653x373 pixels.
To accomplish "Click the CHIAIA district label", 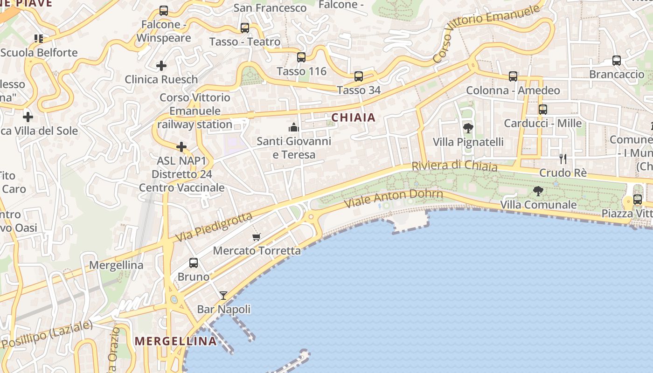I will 354,117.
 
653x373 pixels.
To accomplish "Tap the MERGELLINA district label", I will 176,341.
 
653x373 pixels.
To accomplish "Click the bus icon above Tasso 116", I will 301,57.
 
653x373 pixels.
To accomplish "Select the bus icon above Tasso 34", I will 358,76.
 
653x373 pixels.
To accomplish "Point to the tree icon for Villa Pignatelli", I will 468,128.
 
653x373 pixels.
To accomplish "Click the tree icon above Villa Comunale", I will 538,191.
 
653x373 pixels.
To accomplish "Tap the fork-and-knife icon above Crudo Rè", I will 563,159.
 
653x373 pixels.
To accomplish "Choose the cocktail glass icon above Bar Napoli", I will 223,296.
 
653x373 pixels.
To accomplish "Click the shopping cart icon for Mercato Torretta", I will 256,237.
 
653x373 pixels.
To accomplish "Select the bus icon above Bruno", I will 194,263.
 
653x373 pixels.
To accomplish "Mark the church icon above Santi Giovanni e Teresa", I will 294,127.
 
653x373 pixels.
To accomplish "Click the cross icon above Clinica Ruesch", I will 161,66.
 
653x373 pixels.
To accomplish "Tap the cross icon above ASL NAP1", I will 181,147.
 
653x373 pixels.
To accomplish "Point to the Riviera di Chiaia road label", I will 454,166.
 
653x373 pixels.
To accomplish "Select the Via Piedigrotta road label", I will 214,228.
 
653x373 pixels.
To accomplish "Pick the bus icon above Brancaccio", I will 617,61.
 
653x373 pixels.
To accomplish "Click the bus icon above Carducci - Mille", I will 543,110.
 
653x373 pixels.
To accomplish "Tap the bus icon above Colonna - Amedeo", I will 513,76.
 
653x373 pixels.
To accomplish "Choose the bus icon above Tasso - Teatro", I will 245,28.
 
